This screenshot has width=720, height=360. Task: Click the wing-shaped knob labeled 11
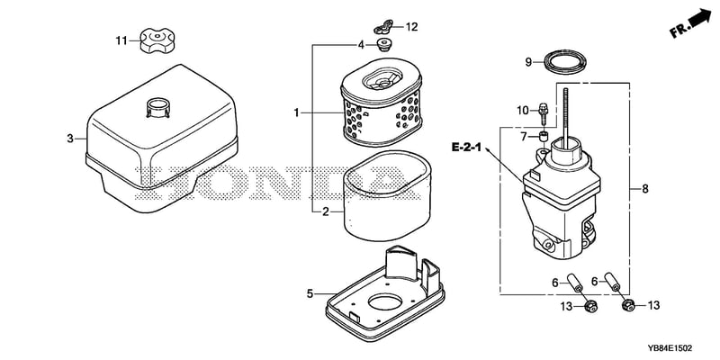[x=157, y=40]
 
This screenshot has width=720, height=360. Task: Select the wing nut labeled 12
[x=384, y=27]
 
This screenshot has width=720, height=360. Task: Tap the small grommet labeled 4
[x=383, y=44]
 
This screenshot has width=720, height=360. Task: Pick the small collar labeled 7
[x=544, y=136]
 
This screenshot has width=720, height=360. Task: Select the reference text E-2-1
[x=466, y=148]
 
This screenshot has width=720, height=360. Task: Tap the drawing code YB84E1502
[x=670, y=348]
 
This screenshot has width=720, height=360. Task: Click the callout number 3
[x=70, y=139]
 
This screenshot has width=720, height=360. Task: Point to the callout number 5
[x=310, y=293]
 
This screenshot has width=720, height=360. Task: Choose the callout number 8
[x=645, y=189]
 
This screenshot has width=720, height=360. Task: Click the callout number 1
[x=297, y=112]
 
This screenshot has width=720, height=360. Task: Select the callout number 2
[x=325, y=211]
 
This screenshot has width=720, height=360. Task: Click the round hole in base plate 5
[x=385, y=302]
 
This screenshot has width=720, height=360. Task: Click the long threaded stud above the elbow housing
[x=566, y=115]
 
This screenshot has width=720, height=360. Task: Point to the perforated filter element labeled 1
[x=381, y=102]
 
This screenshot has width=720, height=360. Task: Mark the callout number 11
[x=121, y=40]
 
